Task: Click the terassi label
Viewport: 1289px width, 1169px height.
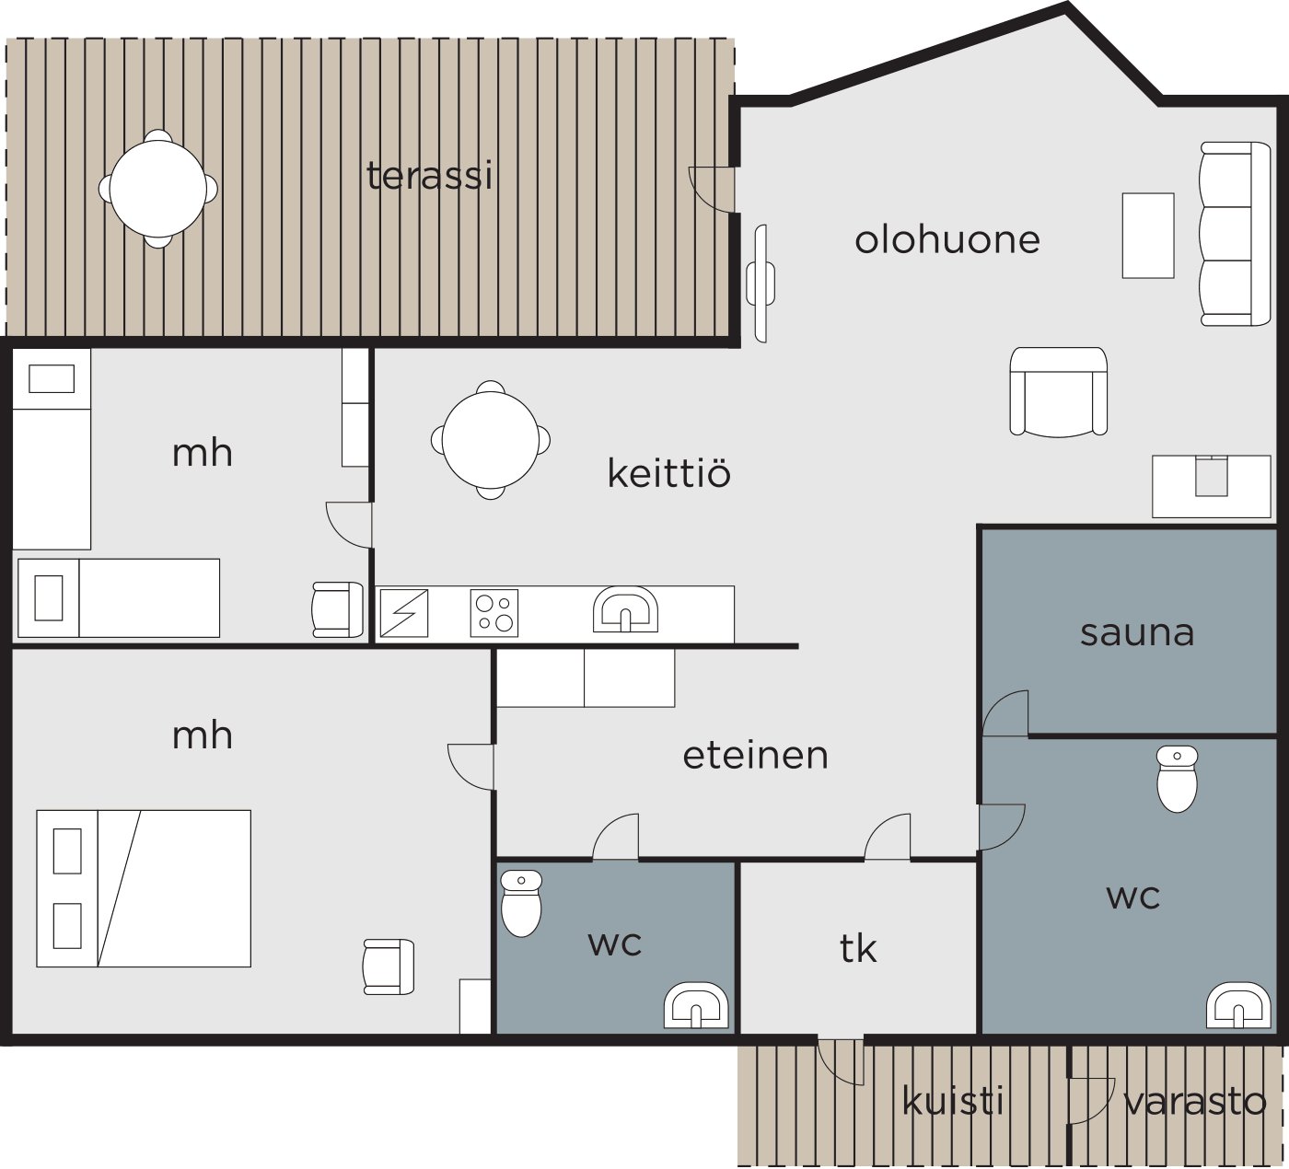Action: (429, 176)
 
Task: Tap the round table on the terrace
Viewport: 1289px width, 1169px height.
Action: (158, 189)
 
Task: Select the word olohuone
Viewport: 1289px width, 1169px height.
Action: (947, 239)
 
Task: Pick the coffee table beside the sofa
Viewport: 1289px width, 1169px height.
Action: (1148, 236)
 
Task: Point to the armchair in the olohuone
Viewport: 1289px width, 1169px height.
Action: (1058, 391)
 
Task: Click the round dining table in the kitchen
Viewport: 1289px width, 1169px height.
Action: (491, 440)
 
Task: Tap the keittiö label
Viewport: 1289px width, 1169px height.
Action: (669, 473)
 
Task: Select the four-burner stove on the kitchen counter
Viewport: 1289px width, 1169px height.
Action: (494, 613)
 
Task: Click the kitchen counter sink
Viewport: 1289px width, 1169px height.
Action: (625, 609)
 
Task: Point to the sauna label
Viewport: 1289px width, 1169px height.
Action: (1137, 633)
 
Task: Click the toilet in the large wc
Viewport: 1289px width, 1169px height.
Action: (1177, 779)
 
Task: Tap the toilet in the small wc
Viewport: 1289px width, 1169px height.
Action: (521, 903)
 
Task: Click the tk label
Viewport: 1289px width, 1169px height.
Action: (858, 949)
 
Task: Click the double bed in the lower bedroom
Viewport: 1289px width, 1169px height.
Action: (144, 888)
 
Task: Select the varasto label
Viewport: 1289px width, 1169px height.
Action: (1194, 1102)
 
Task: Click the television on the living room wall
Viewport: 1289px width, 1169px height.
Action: (761, 284)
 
